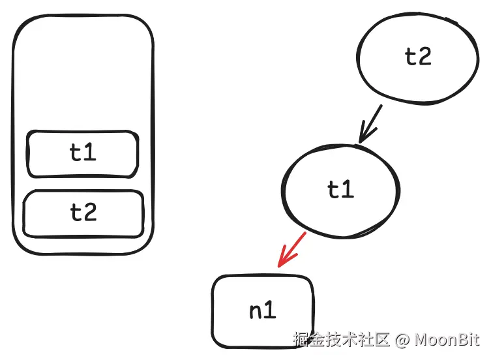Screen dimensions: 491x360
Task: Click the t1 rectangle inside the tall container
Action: (x=82, y=154)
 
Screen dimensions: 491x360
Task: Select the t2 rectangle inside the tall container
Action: (x=83, y=213)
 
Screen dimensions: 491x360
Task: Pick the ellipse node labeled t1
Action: (x=340, y=189)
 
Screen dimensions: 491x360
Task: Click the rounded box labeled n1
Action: (x=263, y=311)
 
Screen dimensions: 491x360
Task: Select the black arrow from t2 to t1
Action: (x=371, y=123)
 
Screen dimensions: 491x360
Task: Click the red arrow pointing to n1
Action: (x=291, y=249)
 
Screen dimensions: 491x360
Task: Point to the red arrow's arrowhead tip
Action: (x=278, y=266)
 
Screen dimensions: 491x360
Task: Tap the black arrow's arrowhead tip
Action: (x=359, y=142)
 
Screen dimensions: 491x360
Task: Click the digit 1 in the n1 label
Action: (x=269, y=311)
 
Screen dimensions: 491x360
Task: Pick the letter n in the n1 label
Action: (x=255, y=312)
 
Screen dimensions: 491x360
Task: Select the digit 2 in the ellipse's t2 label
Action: (x=424, y=57)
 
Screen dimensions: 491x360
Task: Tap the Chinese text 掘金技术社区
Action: (x=341, y=340)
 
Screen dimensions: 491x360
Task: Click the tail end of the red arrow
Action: (x=305, y=232)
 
